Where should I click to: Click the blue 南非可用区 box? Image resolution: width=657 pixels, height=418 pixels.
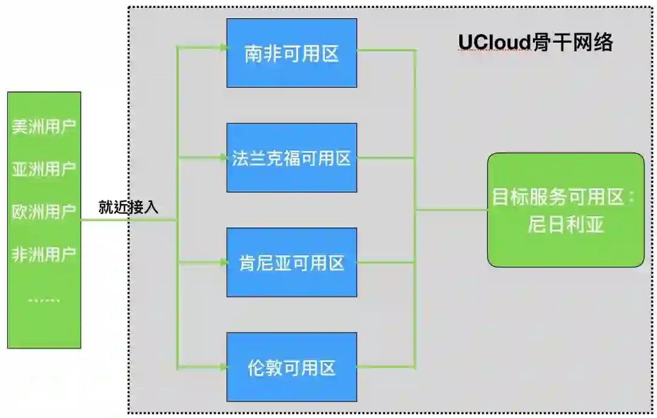coord(291,53)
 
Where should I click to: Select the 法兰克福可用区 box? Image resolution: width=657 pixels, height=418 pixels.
coord(291,158)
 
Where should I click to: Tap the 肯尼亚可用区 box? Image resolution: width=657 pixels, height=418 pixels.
coord(291,263)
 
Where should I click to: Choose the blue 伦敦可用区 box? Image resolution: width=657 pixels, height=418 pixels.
coord(291,367)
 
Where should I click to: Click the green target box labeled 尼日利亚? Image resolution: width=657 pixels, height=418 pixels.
coord(565,210)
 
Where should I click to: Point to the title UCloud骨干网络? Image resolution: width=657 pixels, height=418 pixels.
coord(535,43)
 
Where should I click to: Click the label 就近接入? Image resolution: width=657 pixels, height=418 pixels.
coord(128,207)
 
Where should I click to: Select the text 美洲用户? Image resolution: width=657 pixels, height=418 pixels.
coord(44,127)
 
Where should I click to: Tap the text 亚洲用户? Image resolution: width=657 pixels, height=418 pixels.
coord(44,169)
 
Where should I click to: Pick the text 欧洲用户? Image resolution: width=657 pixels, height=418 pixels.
coord(44,211)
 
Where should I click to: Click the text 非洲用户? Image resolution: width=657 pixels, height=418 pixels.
coord(44,254)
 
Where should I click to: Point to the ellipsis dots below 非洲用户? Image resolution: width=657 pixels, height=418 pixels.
coord(44,300)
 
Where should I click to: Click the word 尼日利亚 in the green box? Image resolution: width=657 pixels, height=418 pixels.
coord(565,225)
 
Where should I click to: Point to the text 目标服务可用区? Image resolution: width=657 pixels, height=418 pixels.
coord(560,197)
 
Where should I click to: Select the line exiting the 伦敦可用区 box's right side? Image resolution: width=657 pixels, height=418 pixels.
coord(386,367)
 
